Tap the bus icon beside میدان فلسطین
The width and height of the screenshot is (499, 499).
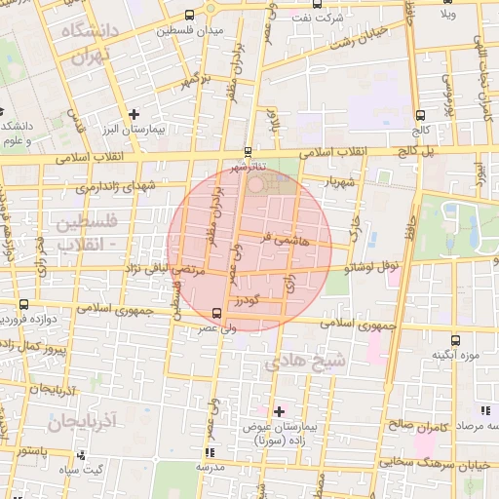click(188, 16)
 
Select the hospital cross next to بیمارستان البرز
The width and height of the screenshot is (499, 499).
click(134, 114)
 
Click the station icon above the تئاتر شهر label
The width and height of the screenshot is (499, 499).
click(247, 151)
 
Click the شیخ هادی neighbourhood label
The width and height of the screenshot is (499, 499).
click(305, 362)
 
